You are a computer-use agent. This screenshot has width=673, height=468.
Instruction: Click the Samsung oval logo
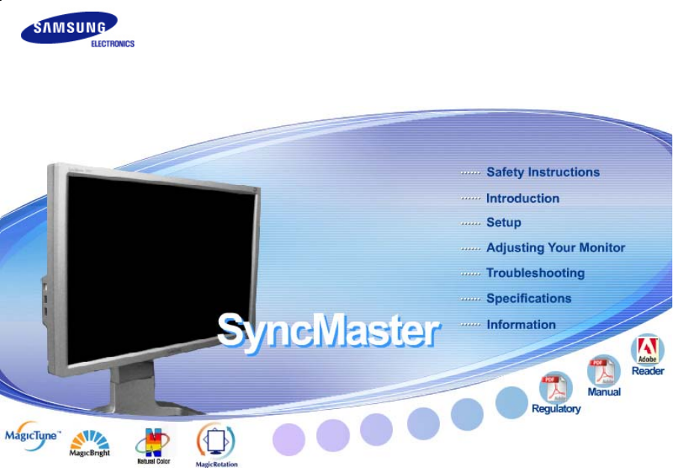pyautogui.click(x=69, y=28)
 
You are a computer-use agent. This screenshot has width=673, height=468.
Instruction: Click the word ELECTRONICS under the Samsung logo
pyautogui.click(x=113, y=44)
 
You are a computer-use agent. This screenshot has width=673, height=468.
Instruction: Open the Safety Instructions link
pyautogui.click(x=543, y=172)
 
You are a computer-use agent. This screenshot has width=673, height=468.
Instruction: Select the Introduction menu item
pyautogui.click(x=523, y=199)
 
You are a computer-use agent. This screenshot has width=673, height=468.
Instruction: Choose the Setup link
pyautogui.click(x=503, y=222)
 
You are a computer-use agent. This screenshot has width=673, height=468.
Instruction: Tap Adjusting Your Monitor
pyautogui.click(x=556, y=248)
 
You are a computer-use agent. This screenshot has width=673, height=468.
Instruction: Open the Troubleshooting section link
pyautogui.click(x=536, y=273)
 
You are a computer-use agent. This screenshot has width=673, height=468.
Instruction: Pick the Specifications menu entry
pyautogui.click(x=529, y=299)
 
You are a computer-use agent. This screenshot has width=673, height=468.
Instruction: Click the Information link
pyautogui.click(x=521, y=325)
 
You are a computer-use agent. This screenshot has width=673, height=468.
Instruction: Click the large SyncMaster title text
pyautogui.click(x=329, y=331)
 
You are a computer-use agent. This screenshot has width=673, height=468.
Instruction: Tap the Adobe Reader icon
pyautogui.click(x=648, y=349)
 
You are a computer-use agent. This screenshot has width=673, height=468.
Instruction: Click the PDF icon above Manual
pyautogui.click(x=604, y=371)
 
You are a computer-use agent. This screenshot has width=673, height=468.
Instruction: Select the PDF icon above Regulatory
pyautogui.click(x=556, y=387)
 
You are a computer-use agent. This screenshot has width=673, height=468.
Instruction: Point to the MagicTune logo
pyautogui.click(x=33, y=435)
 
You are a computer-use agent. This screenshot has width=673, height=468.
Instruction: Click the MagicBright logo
pyautogui.click(x=90, y=443)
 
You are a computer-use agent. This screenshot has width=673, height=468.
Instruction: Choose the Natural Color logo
pyautogui.click(x=153, y=446)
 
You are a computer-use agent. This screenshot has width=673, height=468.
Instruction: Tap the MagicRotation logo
pyautogui.click(x=217, y=444)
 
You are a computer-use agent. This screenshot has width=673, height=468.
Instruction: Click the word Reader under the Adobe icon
pyautogui.click(x=648, y=371)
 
